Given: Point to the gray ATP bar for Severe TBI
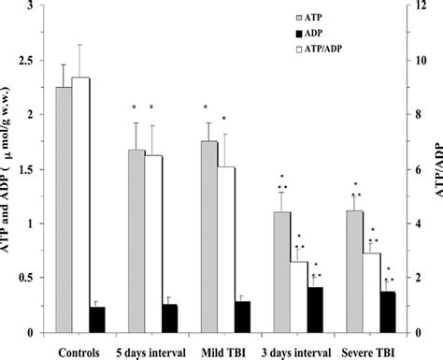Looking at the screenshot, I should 353,271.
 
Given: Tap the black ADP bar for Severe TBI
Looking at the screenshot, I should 387,312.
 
